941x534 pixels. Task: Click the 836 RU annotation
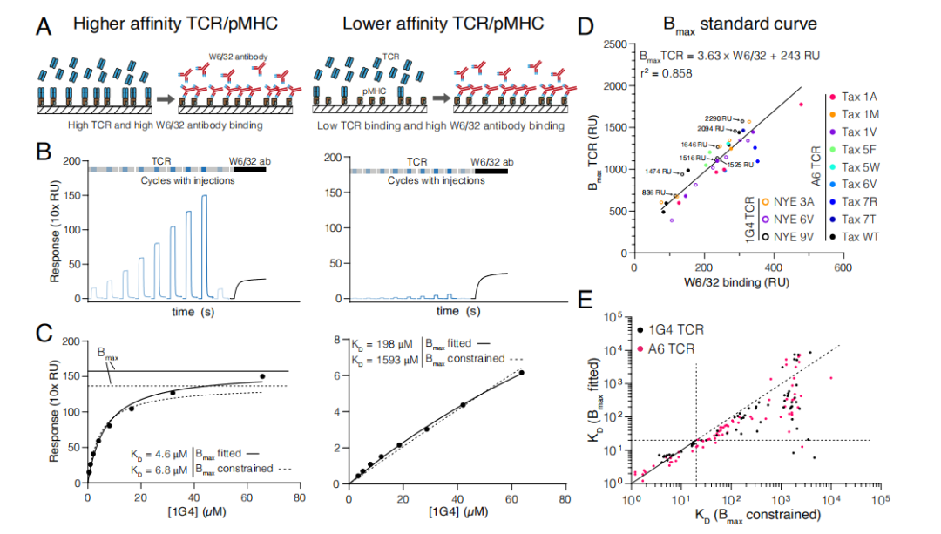click(x=654, y=192)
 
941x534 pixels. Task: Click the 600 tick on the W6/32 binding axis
click(x=843, y=268)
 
